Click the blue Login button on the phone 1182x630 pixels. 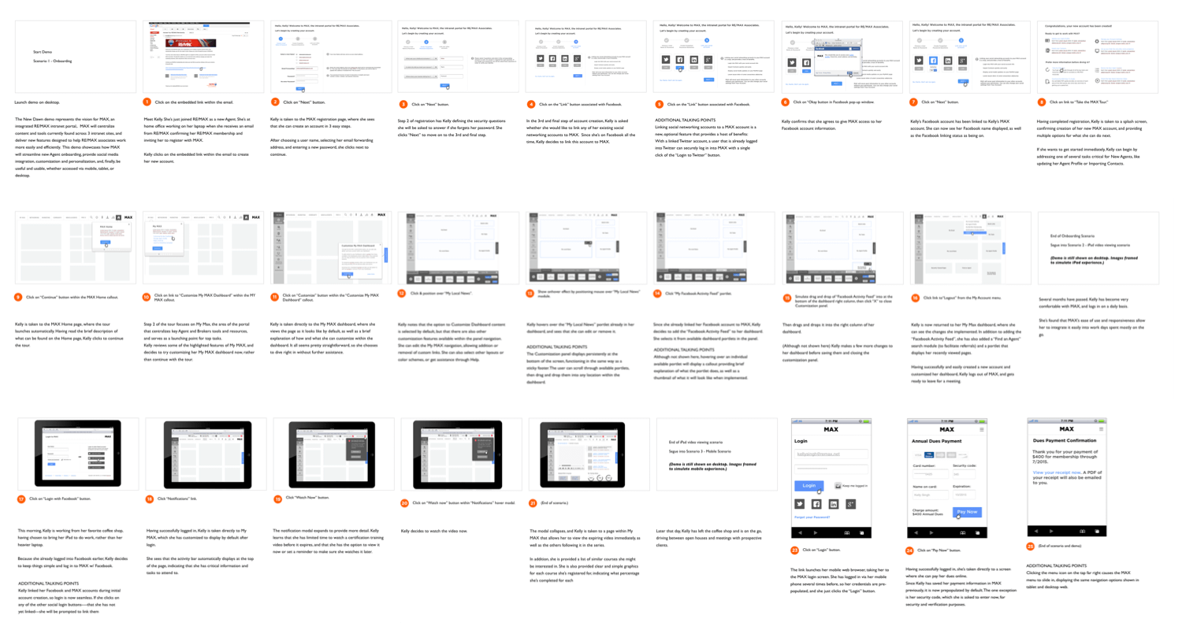[808, 486]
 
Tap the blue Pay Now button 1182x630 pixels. [968, 512]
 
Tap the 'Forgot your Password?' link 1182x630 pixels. [811, 517]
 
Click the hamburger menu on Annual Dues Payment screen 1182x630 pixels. [980, 429]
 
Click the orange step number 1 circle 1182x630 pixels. [147, 102]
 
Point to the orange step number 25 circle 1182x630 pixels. [1030, 547]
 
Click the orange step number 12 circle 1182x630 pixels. [402, 293]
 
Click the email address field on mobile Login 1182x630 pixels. [829, 454]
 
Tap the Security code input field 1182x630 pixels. [965, 474]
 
